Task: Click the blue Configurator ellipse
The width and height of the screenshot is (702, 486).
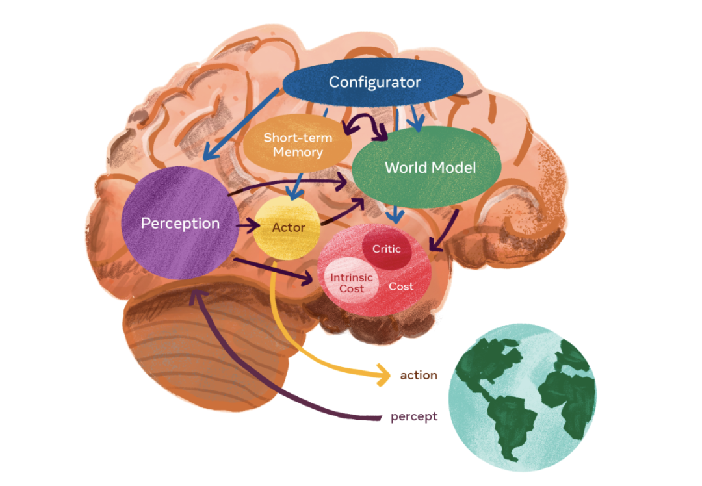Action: (374, 83)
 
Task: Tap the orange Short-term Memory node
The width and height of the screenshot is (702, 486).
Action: (298, 144)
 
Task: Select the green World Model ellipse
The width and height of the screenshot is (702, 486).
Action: (430, 168)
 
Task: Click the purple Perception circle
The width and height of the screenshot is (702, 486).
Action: (180, 223)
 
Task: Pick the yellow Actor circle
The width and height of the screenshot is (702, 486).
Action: (288, 228)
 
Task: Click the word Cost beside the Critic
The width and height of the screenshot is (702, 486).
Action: (401, 286)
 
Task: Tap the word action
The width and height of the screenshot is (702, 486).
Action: (419, 376)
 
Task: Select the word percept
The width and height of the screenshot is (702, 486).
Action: (414, 416)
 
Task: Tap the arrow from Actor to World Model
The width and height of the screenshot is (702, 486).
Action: (341, 212)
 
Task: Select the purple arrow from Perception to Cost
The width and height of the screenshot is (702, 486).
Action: (273, 270)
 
